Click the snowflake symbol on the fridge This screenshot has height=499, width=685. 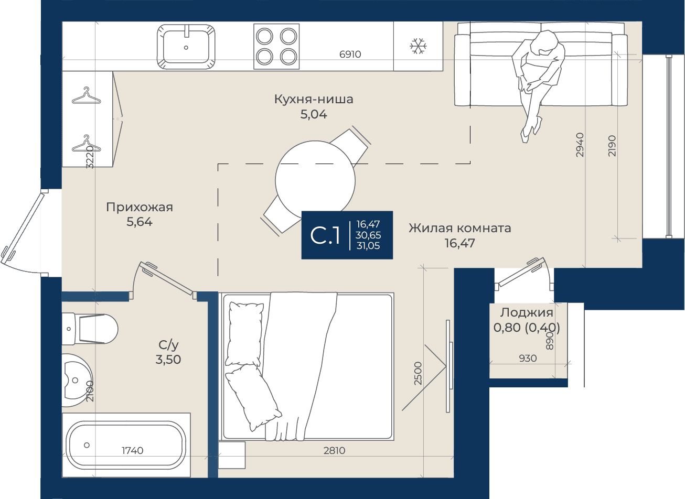(x=418, y=46)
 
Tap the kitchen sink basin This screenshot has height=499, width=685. (x=186, y=47)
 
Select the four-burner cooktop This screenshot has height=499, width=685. (x=276, y=47)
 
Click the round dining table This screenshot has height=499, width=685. (x=315, y=181)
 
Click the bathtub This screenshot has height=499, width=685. (x=126, y=445)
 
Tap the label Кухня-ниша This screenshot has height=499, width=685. (x=314, y=99)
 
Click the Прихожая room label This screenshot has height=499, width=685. (x=140, y=207)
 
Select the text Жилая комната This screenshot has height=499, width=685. (x=459, y=228)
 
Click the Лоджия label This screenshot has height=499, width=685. (x=527, y=312)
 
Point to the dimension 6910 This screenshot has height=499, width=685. (x=350, y=54)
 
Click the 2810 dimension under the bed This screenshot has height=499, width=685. (x=334, y=450)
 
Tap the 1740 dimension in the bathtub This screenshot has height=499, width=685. (x=132, y=450)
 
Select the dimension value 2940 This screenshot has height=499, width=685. (x=580, y=145)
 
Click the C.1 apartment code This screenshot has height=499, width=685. (x=325, y=235)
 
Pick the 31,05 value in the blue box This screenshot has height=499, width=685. (x=368, y=246)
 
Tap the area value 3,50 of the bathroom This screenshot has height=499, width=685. (x=168, y=360)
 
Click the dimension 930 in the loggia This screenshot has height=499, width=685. (x=528, y=358)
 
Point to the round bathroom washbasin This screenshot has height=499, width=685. (x=77, y=380)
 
